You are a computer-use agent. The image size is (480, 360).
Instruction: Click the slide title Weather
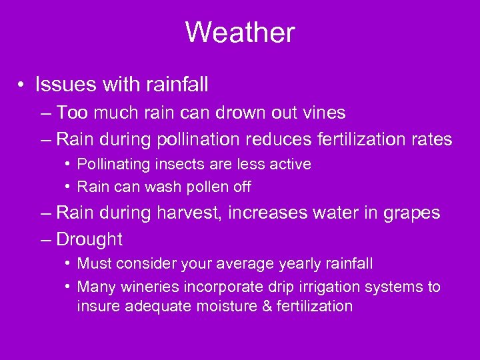[x=240, y=32]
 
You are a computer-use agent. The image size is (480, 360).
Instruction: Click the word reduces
[x=276, y=139]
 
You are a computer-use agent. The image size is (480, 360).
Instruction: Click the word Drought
[x=90, y=239]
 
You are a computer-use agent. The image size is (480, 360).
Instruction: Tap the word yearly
[x=311, y=264]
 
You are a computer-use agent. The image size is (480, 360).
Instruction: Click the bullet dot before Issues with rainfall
[x=23, y=85]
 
